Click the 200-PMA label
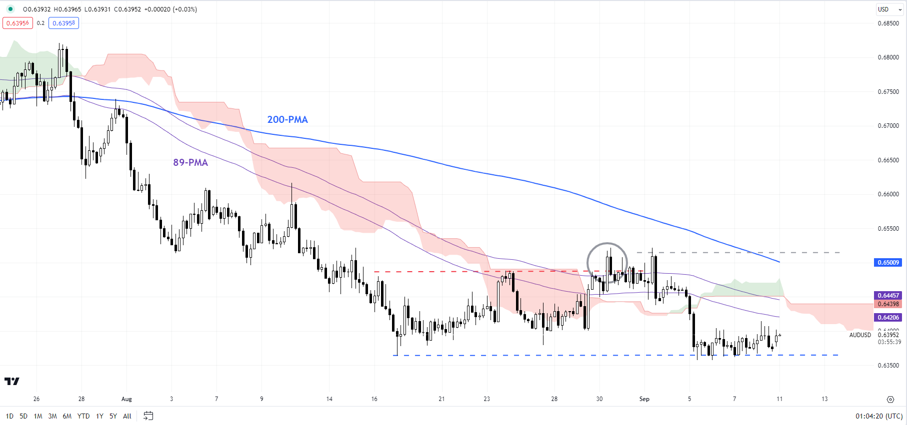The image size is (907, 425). pyautogui.click(x=287, y=119)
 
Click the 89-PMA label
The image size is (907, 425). pyautogui.click(x=190, y=162)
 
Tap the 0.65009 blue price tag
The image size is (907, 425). pyautogui.click(x=888, y=263)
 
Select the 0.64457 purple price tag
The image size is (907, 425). pyautogui.click(x=888, y=295)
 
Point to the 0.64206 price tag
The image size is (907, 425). pyautogui.click(x=888, y=318)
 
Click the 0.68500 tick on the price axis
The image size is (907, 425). pyautogui.click(x=888, y=23)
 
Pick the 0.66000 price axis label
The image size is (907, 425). pyautogui.click(x=888, y=194)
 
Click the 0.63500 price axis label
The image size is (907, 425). pyautogui.click(x=888, y=366)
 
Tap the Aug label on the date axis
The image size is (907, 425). pyautogui.click(x=126, y=399)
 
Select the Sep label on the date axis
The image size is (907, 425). pyautogui.click(x=644, y=399)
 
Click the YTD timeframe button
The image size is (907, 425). pyautogui.click(x=83, y=416)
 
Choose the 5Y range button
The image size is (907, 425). pyautogui.click(x=113, y=416)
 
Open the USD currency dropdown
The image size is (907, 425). pyautogui.click(x=889, y=9)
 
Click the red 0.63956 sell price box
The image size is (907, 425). pyautogui.click(x=17, y=23)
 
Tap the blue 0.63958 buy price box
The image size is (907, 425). pyautogui.click(x=63, y=23)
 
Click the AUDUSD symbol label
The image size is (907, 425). pyautogui.click(x=860, y=335)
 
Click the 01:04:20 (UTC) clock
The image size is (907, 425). pyautogui.click(x=878, y=416)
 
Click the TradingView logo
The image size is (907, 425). pyautogui.click(x=12, y=382)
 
